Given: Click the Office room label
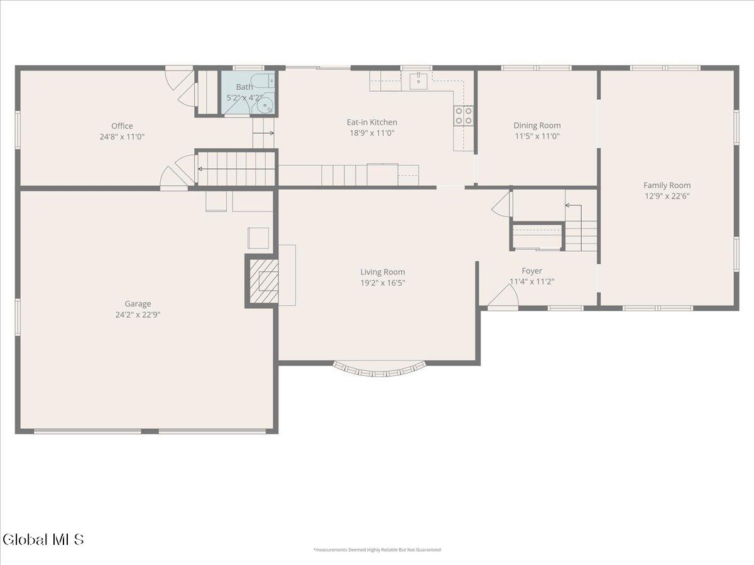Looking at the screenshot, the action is pyautogui.click(x=122, y=126).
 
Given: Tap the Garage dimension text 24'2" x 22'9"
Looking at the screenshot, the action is pyautogui.click(x=138, y=315).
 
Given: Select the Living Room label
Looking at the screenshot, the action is pyautogui.click(x=382, y=272).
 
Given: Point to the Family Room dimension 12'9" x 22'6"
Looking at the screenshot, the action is pyautogui.click(x=667, y=196).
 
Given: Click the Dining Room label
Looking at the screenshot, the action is pyautogui.click(x=537, y=126).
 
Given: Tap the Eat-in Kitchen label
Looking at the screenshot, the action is pyautogui.click(x=372, y=122).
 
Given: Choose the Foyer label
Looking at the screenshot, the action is pyautogui.click(x=532, y=271).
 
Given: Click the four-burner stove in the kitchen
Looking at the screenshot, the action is pyautogui.click(x=463, y=116).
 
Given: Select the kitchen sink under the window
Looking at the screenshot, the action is pyautogui.click(x=418, y=80).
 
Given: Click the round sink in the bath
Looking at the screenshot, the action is pyautogui.click(x=265, y=105).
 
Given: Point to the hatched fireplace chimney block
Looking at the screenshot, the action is pyautogui.click(x=263, y=281).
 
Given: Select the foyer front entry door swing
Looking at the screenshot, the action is pyautogui.click(x=503, y=296).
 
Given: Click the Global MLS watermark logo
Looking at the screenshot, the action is pyautogui.click(x=43, y=540).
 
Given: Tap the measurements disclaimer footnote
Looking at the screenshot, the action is pyautogui.click(x=377, y=550).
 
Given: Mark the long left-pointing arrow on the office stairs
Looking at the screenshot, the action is pyautogui.click(x=236, y=169).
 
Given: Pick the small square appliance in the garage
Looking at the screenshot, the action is pyautogui.click(x=258, y=238).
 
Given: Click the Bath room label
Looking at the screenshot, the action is pyautogui.click(x=244, y=87).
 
